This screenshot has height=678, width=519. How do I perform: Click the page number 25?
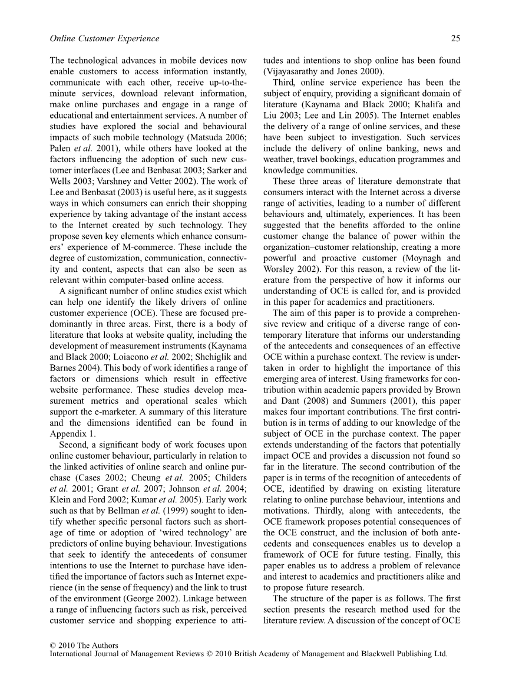point(455,38)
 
